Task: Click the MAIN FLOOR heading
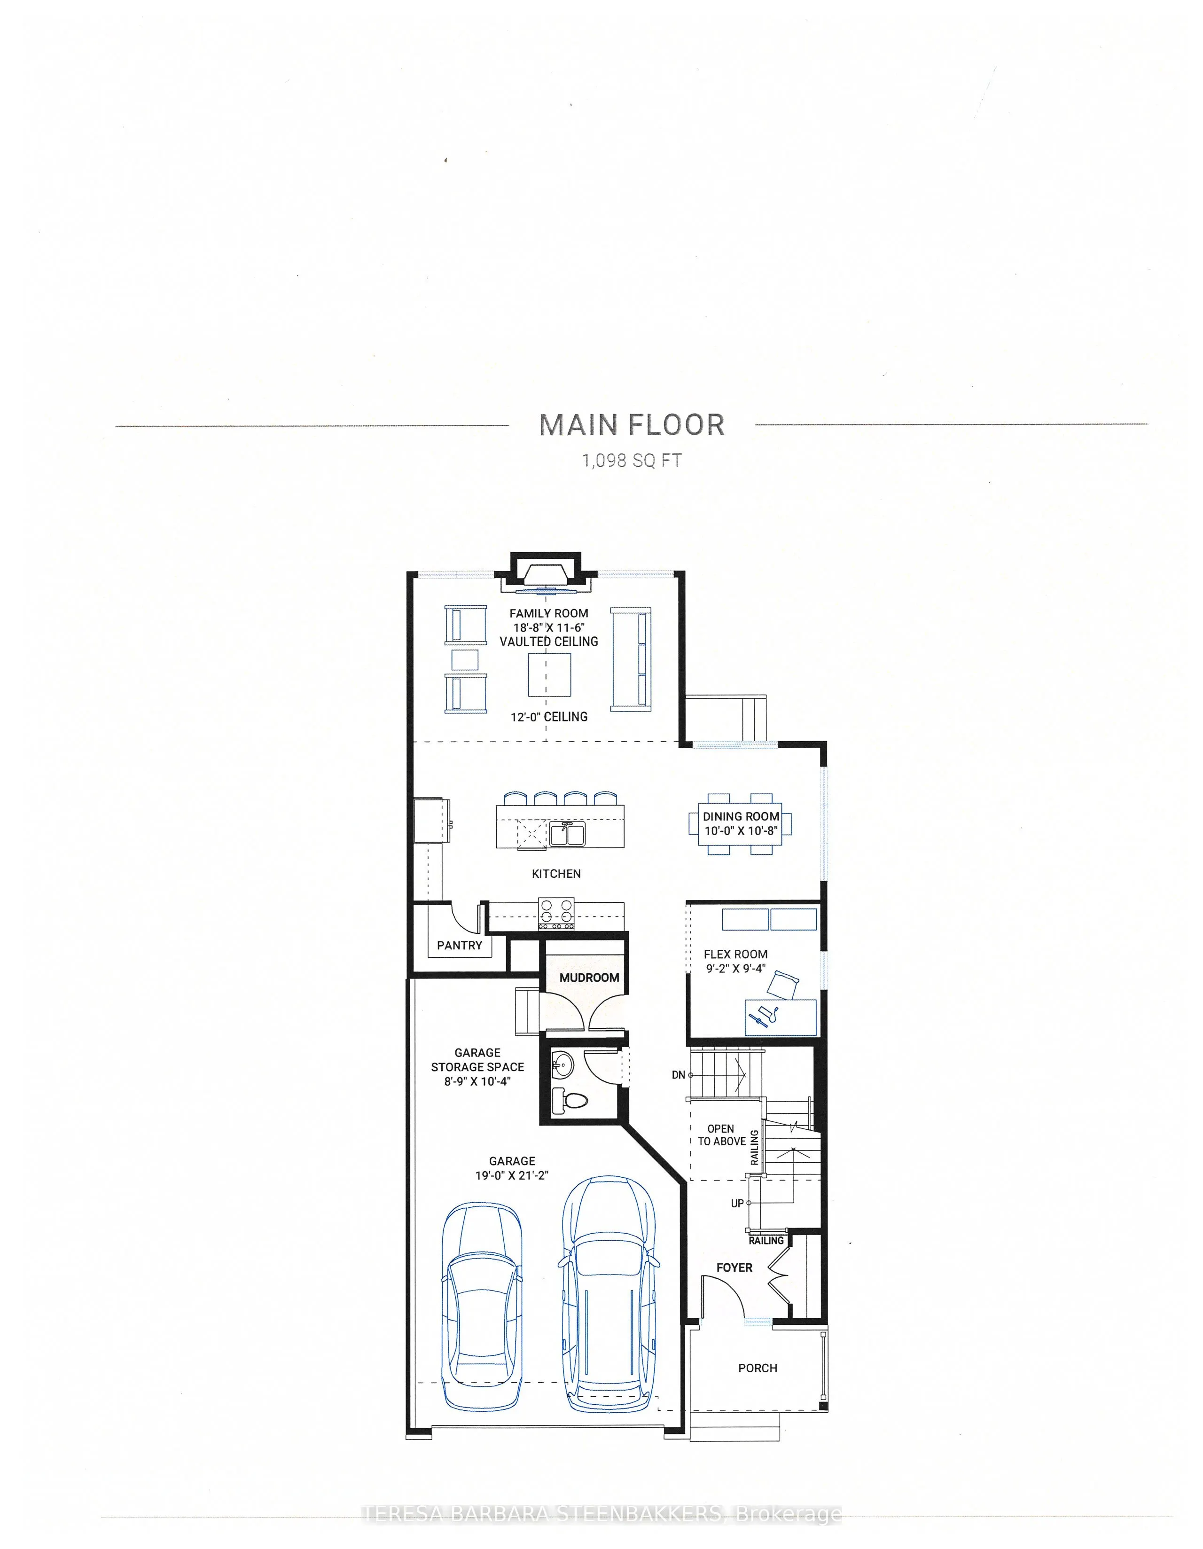point(631,425)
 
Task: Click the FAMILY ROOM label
point(548,613)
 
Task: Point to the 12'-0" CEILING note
point(549,717)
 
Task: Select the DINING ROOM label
point(741,816)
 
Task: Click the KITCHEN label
point(556,874)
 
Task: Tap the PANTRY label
point(459,946)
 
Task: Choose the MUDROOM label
point(589,978)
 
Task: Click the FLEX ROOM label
point(735,954)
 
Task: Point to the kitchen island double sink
point(566,833)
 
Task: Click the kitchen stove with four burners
point(556,914)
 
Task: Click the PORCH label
point(757,1368)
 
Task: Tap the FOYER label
point(734,1267)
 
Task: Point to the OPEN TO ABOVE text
point(721,1135)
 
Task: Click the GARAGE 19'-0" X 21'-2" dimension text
point(511,1168)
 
